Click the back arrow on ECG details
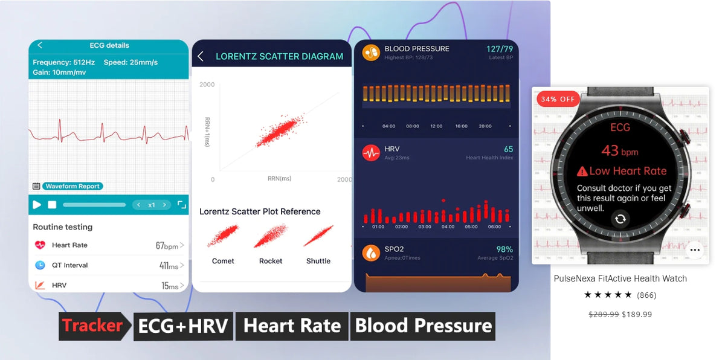[40, 45]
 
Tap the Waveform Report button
[72, 186]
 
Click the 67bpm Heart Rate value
[167, 246]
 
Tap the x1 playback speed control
[152, 205]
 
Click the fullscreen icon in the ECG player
[181, 205]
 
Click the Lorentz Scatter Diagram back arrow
[201, 56]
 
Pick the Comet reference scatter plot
[223, 236]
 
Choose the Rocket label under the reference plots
[271, 261]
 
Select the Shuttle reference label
[318, 261]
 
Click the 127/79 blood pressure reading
[500, 49]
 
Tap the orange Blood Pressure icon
[370, 53]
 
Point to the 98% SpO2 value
[504, 249]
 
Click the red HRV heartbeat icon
[370, 153]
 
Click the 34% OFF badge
[557, 99]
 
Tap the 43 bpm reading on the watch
[619, 151]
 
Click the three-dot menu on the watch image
[695, 249]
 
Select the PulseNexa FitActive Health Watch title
[620, 278]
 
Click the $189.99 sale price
[637, 314]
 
